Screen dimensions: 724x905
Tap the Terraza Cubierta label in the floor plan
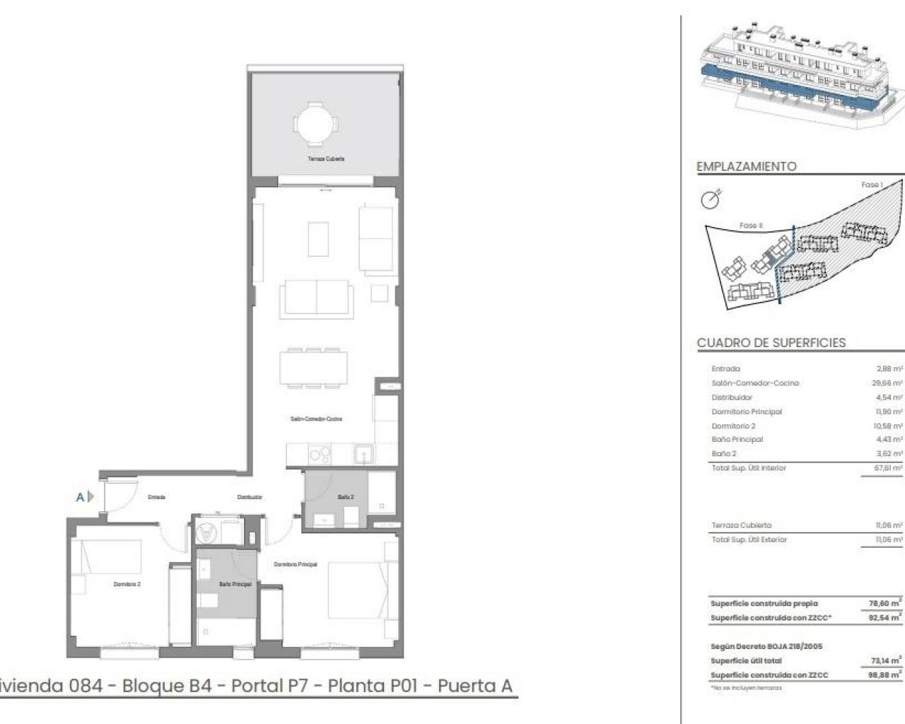tap(326, 159)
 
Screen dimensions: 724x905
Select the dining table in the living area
tap(313, 367)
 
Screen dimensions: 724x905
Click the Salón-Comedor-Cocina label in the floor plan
tap(316, 419)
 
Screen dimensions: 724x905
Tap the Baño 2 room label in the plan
tap(346, 498)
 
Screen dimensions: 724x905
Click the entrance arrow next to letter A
tap(90, 497)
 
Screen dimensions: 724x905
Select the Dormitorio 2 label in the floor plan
tap(127, 584)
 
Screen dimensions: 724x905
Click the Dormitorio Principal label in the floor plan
tap(296, 564)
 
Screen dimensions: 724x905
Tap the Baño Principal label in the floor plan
tap(235, 584)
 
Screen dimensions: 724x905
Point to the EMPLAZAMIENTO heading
tap(747, 167)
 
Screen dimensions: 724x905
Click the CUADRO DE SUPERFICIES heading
tap(771, 343)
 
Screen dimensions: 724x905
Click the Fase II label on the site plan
tap(750, 226)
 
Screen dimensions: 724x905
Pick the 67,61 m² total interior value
tap(888, 468)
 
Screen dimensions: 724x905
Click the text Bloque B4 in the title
tap(167, 686)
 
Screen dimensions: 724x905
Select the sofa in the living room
tap(315, 298)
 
